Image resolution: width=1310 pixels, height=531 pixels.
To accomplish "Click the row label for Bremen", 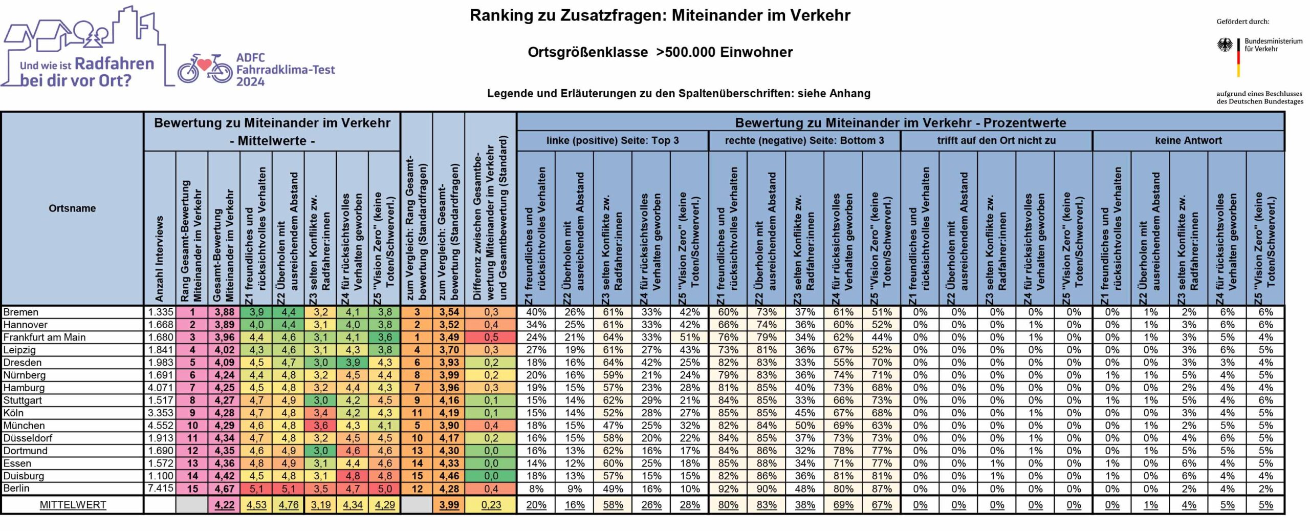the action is point(21,312).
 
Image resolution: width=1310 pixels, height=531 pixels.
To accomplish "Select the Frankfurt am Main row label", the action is point(45,337).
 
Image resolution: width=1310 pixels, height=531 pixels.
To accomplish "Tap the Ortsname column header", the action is point(72,208).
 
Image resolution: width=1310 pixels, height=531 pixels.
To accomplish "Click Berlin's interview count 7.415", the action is point(161,488).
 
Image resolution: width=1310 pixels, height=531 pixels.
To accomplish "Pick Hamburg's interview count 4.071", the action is point(161,388).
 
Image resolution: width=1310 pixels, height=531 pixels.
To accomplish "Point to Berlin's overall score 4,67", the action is point(224,488).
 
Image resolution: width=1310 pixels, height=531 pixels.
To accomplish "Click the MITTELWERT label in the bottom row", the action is point(73,505).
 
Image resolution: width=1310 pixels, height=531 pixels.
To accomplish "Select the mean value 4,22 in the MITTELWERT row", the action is point(224,505).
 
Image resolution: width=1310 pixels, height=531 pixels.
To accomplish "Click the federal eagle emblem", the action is point(1225,45).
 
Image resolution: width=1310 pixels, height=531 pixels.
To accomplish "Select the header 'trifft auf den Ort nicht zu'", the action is point(996,140).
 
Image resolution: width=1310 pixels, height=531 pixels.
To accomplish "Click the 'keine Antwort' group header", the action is point(1188,140).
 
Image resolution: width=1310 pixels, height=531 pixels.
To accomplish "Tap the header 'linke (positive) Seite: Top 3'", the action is point(613,140).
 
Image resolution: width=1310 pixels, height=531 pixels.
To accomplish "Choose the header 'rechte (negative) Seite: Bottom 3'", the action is point(804,140).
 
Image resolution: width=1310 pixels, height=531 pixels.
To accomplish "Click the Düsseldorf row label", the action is point(28,438).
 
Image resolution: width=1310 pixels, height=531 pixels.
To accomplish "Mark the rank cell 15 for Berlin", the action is point(192,488).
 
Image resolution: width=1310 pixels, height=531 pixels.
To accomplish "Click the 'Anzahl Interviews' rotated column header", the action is point(160,259).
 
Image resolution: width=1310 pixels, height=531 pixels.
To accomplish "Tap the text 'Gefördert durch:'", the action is point(1243,22).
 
